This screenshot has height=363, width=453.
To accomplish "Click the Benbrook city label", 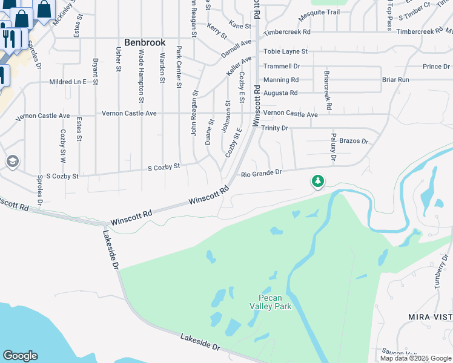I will coord(145,42).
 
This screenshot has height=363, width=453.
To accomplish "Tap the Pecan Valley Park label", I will coord(274,302).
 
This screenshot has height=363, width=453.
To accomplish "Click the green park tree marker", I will coord(317,181).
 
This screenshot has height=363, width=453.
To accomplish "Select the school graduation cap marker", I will coord(12,162).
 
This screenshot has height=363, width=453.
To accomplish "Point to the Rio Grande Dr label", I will coord(262,173).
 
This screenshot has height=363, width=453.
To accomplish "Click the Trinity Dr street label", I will coord(274,128).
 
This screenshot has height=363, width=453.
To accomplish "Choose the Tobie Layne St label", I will coord(285,52).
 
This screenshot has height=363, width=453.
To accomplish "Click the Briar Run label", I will coord(395,79).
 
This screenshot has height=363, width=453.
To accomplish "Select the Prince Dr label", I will coord(436,67).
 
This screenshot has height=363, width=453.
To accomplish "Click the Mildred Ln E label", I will coord(68,81).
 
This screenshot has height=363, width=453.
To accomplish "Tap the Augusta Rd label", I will coord(280,93).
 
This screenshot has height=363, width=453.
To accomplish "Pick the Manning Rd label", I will coord(280,79).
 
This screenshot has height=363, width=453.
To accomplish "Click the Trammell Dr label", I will coord(282,66).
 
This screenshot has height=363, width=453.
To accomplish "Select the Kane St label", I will coord(240,25).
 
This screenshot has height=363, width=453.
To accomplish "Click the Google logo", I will coord(20,356).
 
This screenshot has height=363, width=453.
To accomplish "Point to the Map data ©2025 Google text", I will coord(415,358).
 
